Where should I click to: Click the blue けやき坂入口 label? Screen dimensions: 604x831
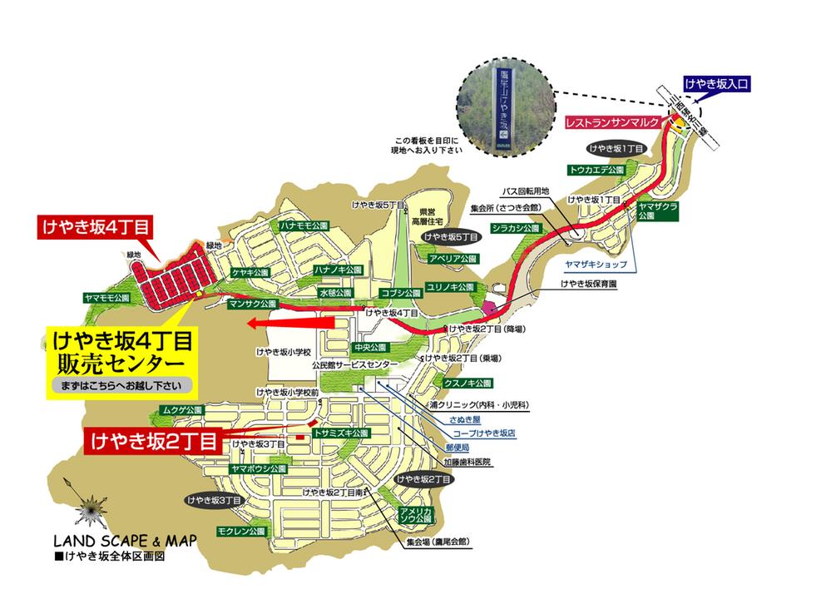click(x=716, y=83)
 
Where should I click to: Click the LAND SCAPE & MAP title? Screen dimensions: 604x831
click(x=124, y=540)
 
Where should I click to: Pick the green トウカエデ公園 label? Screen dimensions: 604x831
click(x=596, y=170)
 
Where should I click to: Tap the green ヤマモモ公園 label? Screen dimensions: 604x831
click(x=107, y=297)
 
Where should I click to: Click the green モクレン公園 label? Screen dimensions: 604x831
click(x=240, y=530)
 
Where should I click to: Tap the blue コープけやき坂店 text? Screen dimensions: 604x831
click(x=483, y=433)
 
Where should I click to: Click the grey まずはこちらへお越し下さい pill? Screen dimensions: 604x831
click(x=121, y=386)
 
